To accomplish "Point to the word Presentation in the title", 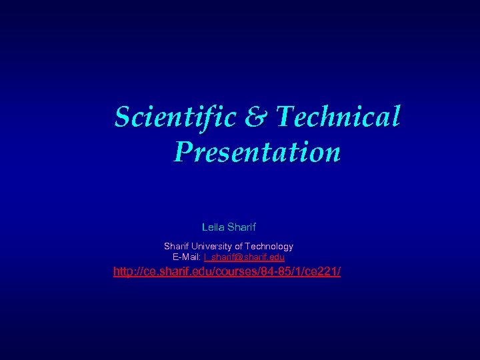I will pos(257,152).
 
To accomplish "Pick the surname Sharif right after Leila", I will pos(242,227).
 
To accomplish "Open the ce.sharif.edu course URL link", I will pos(227,272).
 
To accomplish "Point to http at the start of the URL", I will pos(123,272).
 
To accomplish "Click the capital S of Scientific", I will pos(121,117).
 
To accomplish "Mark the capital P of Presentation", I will pos(182,152).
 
